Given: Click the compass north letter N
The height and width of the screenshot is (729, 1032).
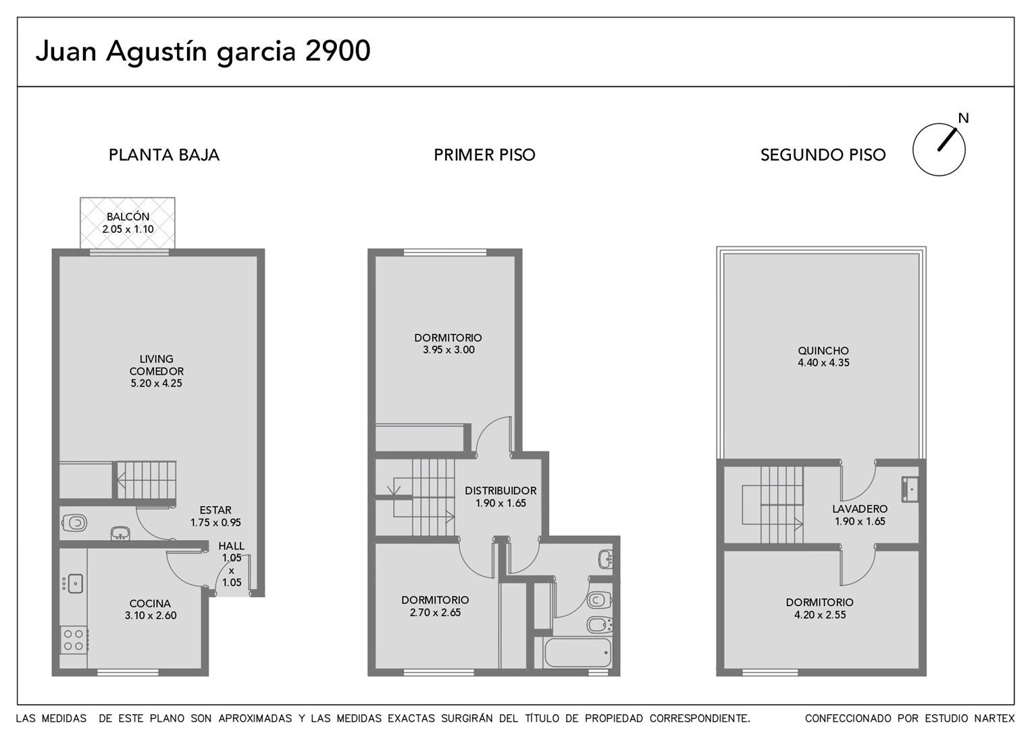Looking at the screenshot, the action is click(963, 118).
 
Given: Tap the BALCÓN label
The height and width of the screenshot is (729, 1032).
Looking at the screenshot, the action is click(128, 217).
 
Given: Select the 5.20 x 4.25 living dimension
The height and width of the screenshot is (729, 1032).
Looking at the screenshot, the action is click(156, 383).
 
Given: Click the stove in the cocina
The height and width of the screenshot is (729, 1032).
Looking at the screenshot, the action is click(74, 639).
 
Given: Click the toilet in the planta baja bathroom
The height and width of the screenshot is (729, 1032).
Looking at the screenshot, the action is click(75, 522).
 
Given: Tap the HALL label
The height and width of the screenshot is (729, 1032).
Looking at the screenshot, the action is click(231, 545).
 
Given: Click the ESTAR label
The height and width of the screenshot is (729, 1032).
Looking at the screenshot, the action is click(215, 510).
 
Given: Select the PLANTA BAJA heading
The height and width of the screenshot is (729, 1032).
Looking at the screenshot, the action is click(164, 155).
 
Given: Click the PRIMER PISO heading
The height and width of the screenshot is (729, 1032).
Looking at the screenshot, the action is click(485, 155).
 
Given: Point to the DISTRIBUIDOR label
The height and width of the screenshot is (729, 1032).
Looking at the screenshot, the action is click(500, 491).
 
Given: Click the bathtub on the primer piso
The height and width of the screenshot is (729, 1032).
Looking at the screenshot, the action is click(577, 652).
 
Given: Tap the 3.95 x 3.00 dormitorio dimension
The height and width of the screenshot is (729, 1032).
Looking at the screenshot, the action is click(448, 350).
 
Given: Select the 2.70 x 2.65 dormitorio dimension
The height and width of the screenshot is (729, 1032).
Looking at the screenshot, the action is click(435, 612).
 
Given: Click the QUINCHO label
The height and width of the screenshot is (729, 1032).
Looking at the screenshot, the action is click(823, 350).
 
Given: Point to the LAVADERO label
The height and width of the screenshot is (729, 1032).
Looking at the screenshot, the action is click(860, 509).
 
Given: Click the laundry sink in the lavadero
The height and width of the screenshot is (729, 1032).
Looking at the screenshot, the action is click(910, 489).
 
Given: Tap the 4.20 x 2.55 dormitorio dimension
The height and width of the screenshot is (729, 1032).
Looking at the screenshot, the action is click(820, 614).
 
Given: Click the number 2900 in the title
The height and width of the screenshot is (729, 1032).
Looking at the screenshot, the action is click(338, 51).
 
